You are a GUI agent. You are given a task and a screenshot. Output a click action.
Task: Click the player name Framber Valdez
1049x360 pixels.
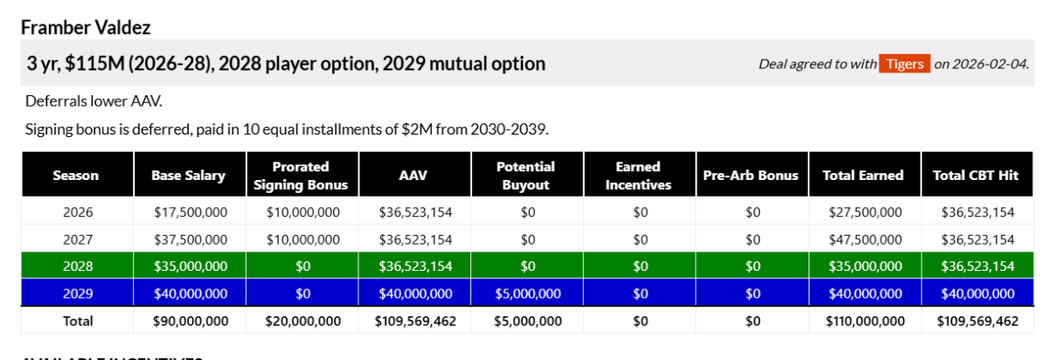point(86,28)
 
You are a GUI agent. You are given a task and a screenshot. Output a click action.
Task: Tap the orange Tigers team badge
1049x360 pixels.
point(904,64)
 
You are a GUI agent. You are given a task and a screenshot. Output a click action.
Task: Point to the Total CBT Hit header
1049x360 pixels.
point(976,175)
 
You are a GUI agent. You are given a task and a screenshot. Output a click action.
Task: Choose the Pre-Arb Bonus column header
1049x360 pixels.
point(751,175)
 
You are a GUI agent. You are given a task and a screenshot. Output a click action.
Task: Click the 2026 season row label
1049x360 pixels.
point(78,212)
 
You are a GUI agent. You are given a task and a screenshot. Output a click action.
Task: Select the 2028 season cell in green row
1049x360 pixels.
point(78,266)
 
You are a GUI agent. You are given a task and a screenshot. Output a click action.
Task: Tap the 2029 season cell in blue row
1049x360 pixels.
point(78,294)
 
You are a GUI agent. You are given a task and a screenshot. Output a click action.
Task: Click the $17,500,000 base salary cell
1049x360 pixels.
point(191,212)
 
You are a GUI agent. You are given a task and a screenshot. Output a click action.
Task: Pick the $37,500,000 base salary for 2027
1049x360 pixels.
point(191,239)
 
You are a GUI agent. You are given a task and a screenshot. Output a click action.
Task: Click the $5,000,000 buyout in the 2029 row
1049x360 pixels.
point(528,294)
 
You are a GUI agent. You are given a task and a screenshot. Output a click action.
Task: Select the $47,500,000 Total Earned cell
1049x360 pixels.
point(865,239)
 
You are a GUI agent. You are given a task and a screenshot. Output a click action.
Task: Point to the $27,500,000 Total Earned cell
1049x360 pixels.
point(865,212)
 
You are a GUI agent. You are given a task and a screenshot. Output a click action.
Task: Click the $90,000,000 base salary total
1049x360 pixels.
point(191,322)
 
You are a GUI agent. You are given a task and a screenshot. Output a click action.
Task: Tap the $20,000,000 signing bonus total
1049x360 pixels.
point(303,322)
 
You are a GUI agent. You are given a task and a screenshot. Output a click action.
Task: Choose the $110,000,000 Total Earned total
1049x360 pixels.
point(865,322)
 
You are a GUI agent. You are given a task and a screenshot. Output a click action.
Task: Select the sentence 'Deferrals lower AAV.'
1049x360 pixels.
point(94,101)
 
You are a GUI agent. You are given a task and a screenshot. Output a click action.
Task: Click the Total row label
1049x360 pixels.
point(78,322)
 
